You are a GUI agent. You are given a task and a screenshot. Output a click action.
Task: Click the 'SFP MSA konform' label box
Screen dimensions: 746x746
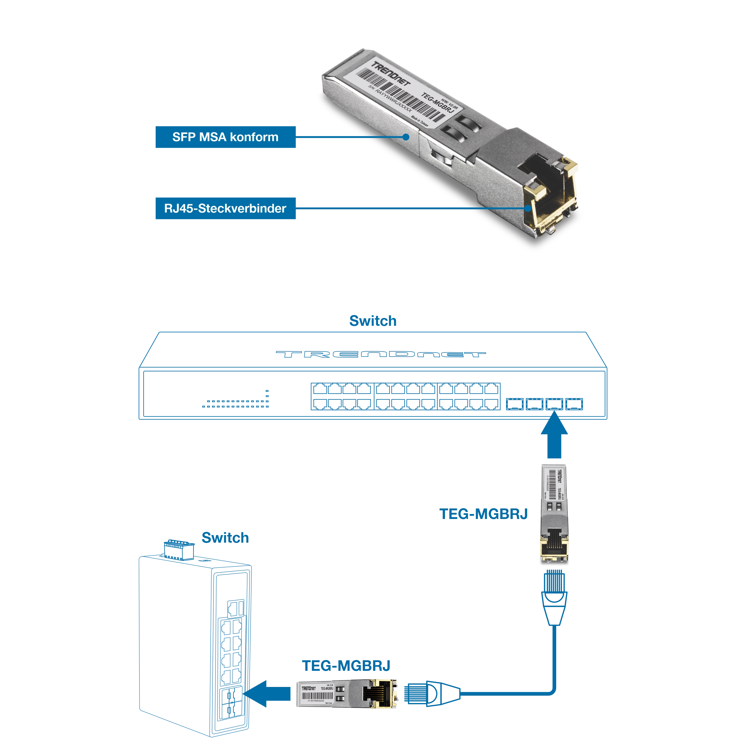pos(225,137)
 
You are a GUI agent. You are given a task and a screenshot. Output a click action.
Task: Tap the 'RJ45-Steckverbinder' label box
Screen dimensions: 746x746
pos(225,209)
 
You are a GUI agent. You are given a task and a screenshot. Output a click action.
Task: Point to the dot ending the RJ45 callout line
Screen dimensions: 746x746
pos(528,209)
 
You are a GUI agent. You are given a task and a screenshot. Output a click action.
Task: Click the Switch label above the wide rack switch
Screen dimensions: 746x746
pos(372,321)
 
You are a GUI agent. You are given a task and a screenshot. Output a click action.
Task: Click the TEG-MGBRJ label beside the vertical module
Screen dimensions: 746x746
pos(484,514)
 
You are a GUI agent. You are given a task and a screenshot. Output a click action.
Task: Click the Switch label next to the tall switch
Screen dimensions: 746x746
pos(225,537)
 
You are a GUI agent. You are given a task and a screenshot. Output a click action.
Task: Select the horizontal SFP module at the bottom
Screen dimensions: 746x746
pos(346,694)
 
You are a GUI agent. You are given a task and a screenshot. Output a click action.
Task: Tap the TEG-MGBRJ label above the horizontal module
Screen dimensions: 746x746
pos(346,667)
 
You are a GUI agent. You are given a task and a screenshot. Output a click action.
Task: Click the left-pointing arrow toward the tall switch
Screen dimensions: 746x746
pos(267,694)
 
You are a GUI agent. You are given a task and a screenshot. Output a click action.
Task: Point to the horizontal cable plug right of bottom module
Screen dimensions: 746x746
pos(429,694)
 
